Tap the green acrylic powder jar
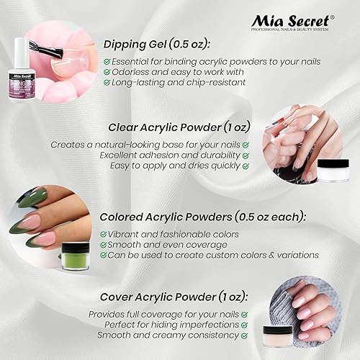74,256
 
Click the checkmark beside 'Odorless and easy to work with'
107,71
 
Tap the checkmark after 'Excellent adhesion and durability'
246,156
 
